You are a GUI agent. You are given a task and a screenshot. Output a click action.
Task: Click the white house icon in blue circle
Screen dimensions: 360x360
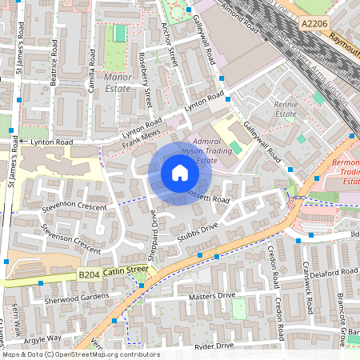(x=180, y=173)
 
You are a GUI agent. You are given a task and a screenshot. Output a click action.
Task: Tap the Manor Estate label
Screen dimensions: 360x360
(x=117, y=83)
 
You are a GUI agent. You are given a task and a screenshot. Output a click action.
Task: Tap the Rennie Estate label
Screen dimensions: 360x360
(x=286, y=109)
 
